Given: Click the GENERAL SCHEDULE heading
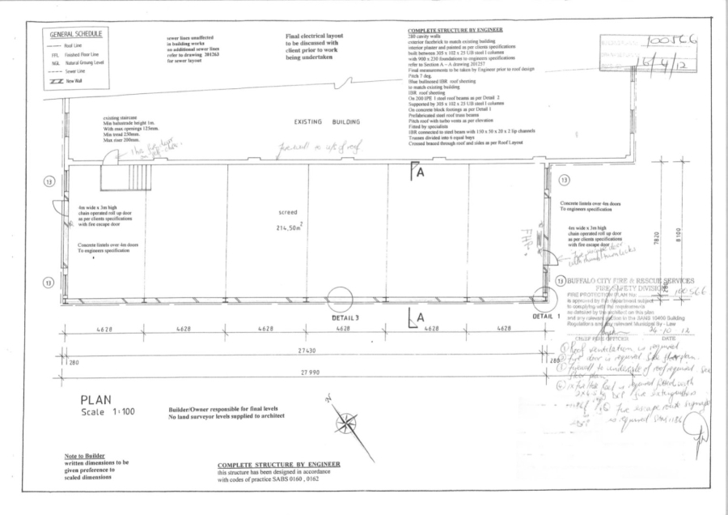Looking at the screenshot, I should click(x=76, y=35).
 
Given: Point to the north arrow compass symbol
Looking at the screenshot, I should click(x=346, y=421).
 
